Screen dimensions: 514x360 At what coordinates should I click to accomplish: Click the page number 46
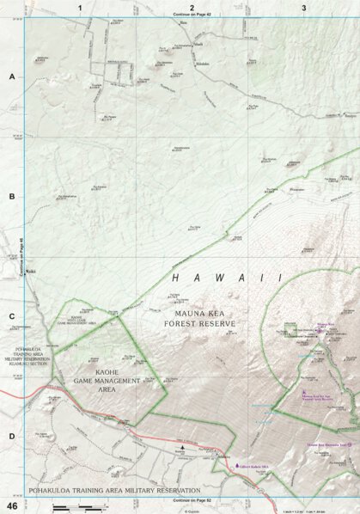(x=12, y=506)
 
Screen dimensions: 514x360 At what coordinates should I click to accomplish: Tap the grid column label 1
(x=79, y=7)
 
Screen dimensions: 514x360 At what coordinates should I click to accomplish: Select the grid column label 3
(x=303, y=7)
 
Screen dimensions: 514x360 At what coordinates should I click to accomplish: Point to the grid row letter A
(x=12, y=76)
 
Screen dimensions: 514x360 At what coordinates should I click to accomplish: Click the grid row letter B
(x=12, y=196)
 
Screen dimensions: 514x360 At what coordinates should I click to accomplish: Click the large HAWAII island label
(x=227, y=278)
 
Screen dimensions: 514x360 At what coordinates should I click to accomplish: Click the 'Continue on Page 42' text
(x=191, y=15)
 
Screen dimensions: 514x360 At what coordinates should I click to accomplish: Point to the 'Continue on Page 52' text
(x=191, y=499)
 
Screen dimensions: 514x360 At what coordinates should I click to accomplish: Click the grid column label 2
(x=192, y=7)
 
